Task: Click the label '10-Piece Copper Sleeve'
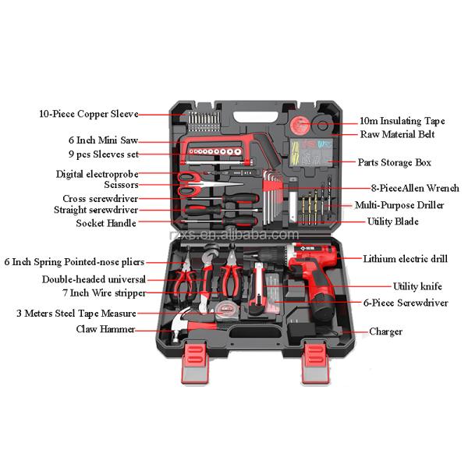coord(89,114)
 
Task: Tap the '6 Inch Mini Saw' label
coord(103,140)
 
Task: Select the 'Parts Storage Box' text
coord(394,162)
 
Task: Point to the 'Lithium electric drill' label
coord(405,258)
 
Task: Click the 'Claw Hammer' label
coord(105,329)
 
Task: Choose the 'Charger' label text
coord(385,331)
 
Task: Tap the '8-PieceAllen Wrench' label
coord(415,188)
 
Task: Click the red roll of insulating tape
coord(300,125)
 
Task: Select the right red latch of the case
coord(316,362)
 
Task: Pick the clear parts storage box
coord(311,152)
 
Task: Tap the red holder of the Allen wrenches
coord(272,186)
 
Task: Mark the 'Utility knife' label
coord(417,286)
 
